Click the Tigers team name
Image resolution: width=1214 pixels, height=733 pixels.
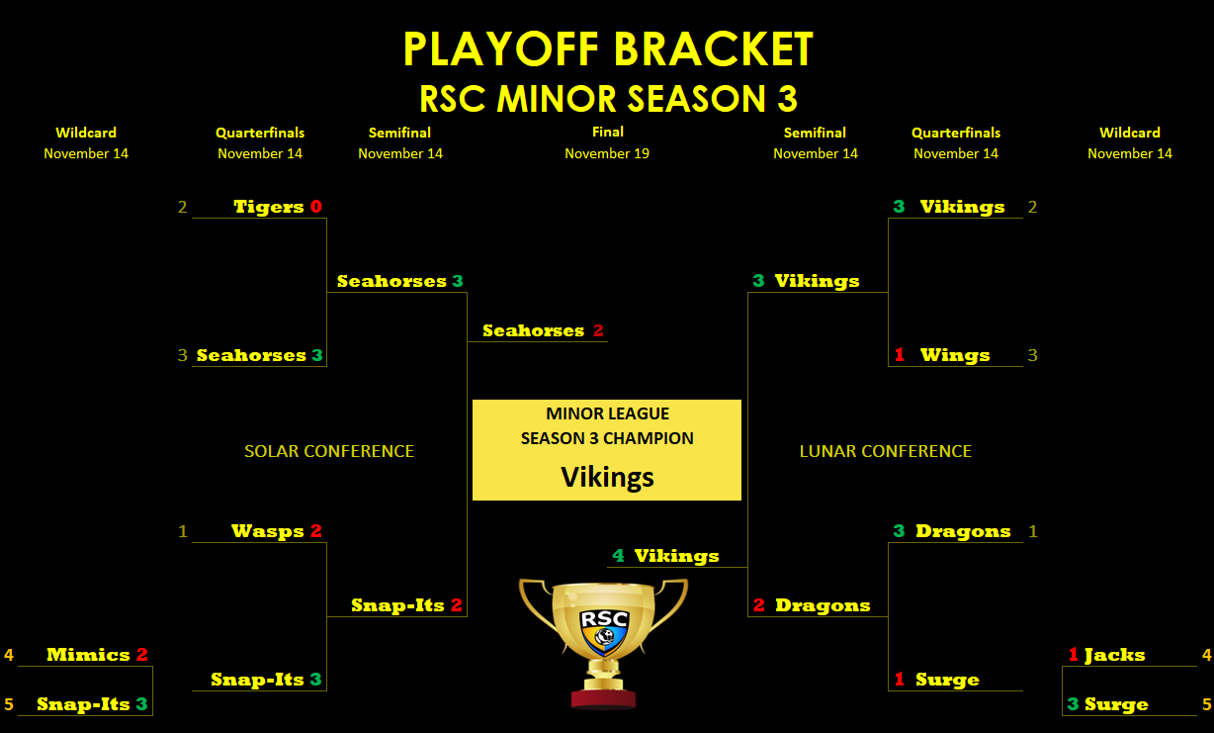(x=268, y=207)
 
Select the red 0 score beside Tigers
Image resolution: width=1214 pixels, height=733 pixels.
(x=316, y=207)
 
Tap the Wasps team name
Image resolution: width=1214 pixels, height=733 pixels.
(x=267, y=531)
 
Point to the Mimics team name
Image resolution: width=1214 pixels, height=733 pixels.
(x=88, y=655)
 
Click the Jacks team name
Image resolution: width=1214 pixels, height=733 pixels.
(x=1115, y=655)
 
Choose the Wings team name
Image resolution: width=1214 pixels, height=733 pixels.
(x=955, y=355)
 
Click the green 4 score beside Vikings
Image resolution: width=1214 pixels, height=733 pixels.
(x=619, y=556)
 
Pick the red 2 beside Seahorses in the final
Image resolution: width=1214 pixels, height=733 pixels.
(x=598, y=330)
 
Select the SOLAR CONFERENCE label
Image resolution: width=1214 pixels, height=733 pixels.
(x=329, y=451)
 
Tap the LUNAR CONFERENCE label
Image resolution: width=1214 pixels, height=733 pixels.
(x=886, y=451)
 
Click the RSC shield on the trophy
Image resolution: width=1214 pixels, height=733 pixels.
(x=604, y=632)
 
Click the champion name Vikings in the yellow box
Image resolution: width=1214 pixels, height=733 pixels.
(x=607, y=477)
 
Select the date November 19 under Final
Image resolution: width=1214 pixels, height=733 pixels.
(x=607, y=153)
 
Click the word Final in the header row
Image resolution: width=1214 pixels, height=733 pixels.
(x=608, y=132)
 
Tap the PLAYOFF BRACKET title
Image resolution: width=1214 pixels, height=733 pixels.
(x=608, y=48)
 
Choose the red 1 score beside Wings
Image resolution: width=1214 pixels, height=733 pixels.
(x=899, y=354)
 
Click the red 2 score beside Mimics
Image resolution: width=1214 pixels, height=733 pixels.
(x=142, y=655)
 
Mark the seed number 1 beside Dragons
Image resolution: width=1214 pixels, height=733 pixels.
(x=1033, y=531)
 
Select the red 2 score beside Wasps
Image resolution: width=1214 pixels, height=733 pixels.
(x=316, y=530)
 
